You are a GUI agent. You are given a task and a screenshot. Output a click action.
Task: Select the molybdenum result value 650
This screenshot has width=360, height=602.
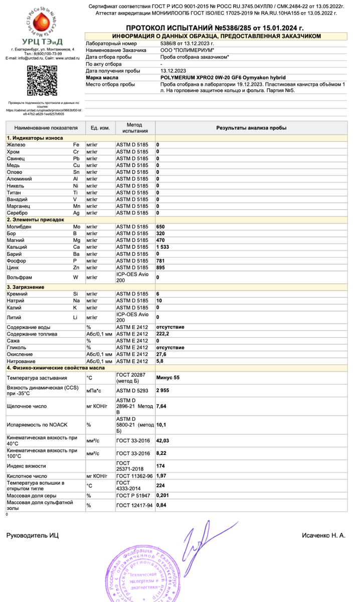[x=161, y=227]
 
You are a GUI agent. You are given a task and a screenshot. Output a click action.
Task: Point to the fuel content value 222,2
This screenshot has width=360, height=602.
[x=163, y=334]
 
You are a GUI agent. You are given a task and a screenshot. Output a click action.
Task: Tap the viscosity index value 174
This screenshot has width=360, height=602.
[x=161, y=466]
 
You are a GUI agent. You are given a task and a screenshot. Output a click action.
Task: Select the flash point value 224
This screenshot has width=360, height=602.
[x=161, y=485]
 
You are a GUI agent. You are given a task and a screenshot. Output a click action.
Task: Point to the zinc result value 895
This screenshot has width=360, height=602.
[x=161, y=268]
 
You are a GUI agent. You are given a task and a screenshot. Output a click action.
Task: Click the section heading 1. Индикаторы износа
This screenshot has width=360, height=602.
[x=35, y=137]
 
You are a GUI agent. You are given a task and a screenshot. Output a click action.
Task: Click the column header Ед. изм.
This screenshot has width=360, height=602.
[x=100, y=128]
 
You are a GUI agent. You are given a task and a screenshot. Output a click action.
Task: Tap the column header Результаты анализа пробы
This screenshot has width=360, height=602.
[x=251, y=128]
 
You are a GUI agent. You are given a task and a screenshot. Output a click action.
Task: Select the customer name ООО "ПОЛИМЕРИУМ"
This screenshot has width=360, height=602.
[x=187, y=51]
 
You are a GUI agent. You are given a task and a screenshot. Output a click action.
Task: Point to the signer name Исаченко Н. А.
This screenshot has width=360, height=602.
[x=323, y=535]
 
